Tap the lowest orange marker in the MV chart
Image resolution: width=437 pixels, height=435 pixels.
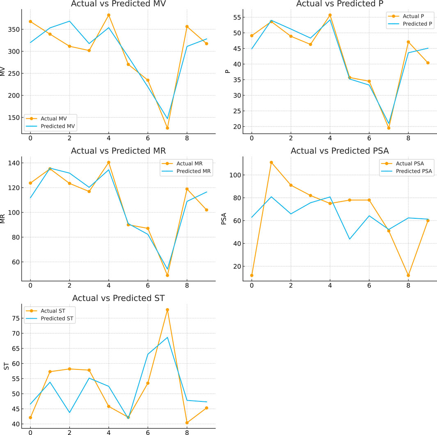pos(167,128)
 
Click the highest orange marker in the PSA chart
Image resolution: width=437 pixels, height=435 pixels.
pos(271,162)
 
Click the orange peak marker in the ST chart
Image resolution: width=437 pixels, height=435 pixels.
pos(167,310)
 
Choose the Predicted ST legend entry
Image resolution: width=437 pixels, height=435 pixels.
pos(57,318)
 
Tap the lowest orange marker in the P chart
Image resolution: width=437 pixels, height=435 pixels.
pos(389,128)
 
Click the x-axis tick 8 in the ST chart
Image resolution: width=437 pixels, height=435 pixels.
pos(187,431)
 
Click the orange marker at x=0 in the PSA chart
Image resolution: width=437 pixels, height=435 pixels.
pos(252,275)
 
